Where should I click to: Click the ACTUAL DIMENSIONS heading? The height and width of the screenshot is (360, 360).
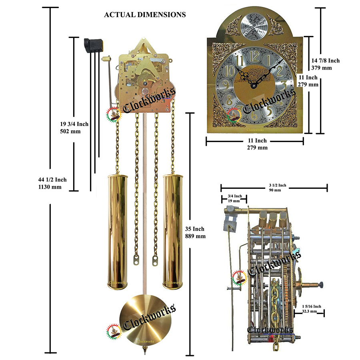[145, 15]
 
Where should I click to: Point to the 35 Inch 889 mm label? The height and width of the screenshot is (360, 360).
[195, 232]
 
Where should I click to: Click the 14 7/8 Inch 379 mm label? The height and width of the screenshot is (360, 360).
[325, 64]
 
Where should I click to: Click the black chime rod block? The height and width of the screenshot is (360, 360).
[94, 45]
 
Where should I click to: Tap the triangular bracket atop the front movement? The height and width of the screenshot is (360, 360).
[144, 46]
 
